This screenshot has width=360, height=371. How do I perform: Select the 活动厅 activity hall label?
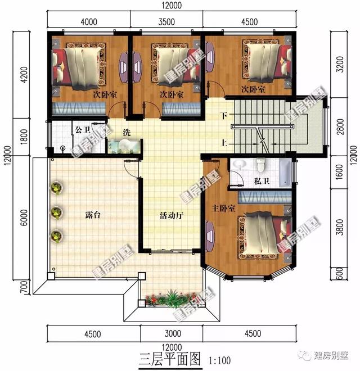coord(172,215)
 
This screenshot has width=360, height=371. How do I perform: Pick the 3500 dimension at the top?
coord(168,22)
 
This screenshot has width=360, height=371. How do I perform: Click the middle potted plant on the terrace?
coord(57,212)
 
